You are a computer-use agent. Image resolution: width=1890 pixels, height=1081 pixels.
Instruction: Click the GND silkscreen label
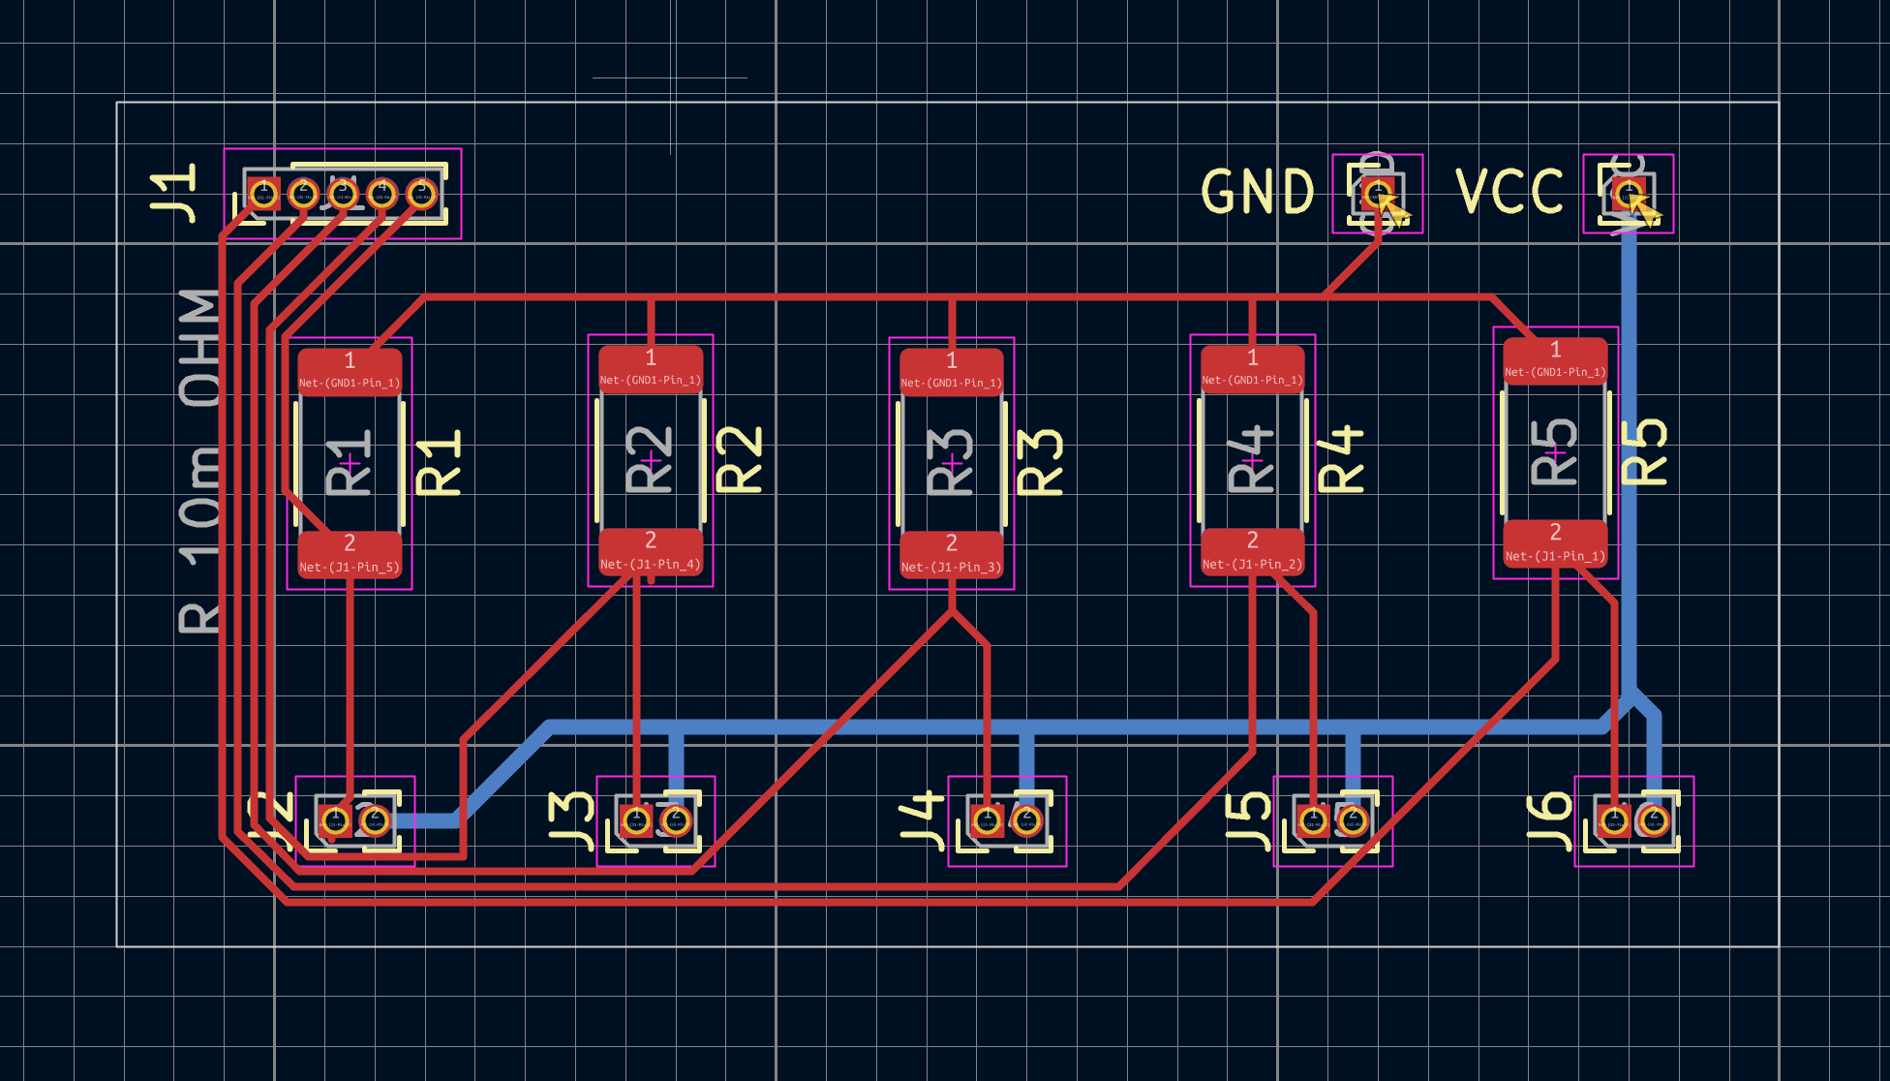coord(1257,192)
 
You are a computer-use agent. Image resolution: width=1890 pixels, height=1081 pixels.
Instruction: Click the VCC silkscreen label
coord(1509,192)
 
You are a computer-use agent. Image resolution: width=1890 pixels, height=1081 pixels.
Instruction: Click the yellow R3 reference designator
coord(1040,463)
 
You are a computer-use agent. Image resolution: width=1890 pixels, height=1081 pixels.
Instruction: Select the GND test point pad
coord(1376,193)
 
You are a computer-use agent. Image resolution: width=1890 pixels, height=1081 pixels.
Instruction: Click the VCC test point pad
coord(1629,192)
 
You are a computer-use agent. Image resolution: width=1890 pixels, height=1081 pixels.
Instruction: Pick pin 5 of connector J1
coord(421,194)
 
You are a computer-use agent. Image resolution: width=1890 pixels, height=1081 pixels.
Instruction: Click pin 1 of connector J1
coord(263,194)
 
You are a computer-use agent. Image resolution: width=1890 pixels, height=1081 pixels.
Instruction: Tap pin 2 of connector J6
coord(1654,821)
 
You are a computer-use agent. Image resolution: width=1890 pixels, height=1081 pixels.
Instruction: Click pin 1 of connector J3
coord(636,821)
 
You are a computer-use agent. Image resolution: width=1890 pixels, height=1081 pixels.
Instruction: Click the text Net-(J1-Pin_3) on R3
coord(951,568)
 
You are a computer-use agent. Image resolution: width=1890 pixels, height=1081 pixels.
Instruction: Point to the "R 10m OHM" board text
coord(199,461)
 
